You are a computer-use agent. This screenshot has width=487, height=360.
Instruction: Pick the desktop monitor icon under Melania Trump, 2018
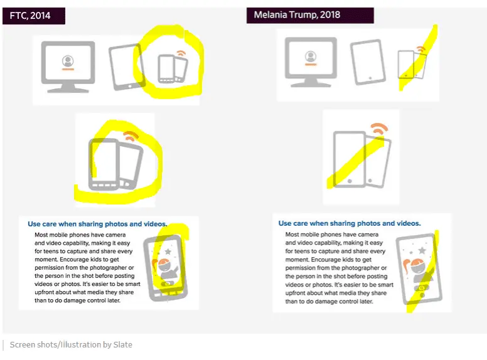coord(311,62)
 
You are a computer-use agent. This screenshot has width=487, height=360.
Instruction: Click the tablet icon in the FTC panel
coord(127,67)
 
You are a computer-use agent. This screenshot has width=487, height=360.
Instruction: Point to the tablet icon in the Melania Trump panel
coord(368,62)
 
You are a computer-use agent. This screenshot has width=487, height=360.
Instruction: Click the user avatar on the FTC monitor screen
coord(68,61)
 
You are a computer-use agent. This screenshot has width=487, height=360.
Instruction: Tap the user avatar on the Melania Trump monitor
coord(310,57)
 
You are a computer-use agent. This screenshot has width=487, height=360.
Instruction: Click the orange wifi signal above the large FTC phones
coord(131,136)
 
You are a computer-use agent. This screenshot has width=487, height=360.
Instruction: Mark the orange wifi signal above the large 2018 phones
coord(379,128)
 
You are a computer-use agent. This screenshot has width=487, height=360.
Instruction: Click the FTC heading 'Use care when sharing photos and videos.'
coord(97,224)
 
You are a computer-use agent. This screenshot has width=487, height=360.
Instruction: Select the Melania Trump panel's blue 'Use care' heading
coord(350,223)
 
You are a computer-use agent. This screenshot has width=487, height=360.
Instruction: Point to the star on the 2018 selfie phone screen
coord(422,250)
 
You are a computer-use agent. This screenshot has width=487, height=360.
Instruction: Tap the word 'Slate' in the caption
coord(122,344)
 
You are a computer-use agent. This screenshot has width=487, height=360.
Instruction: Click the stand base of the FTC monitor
coord(68,90)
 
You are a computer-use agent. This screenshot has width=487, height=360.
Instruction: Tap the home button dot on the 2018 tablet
coord(370,78)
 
